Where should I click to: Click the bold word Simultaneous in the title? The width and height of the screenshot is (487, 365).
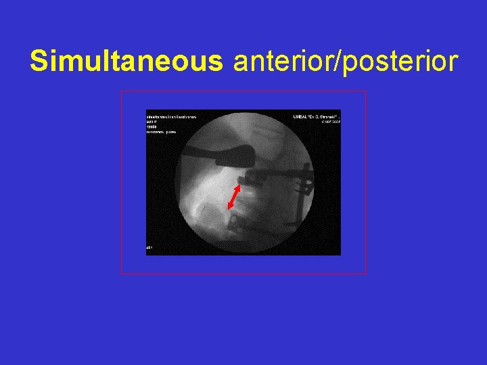click(x=126, y=62)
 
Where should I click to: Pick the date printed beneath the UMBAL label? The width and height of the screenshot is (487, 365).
click(x=330, y=122)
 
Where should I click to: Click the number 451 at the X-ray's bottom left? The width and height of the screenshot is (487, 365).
click(x=150, y=249)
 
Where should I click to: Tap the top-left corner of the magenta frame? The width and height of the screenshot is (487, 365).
click(x=121, y=91)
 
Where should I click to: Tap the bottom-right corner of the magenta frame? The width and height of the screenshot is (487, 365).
click(x=366, y=273)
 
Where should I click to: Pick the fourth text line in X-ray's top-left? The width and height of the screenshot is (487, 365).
click(x=162, y=132)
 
